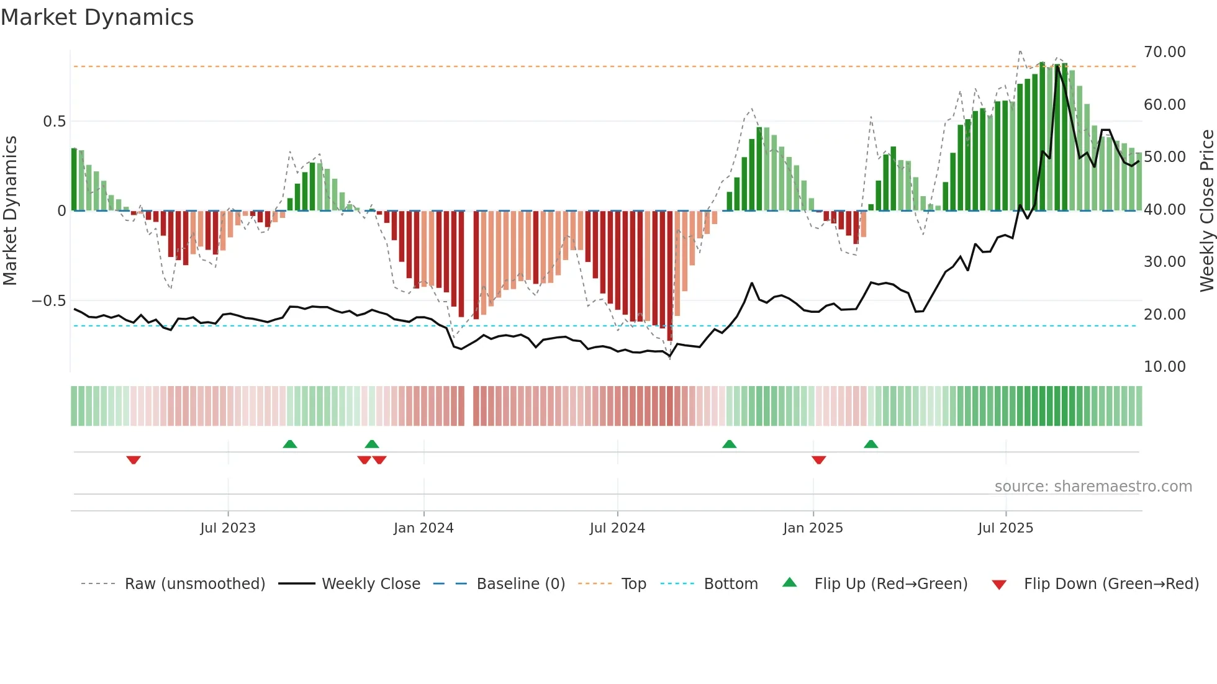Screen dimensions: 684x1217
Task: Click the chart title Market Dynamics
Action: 97,17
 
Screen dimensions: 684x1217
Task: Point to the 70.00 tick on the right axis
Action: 1164,52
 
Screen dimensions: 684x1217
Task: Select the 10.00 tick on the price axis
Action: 1164,367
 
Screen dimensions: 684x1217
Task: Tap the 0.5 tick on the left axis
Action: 54,122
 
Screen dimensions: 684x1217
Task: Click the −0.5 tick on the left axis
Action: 48,301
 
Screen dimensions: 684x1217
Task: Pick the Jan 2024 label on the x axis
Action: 423,528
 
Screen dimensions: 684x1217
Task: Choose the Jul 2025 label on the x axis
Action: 1005,528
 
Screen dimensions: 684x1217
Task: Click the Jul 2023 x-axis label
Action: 228,528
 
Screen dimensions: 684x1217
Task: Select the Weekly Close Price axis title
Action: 1206,210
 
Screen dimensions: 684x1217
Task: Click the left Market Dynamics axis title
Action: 11,210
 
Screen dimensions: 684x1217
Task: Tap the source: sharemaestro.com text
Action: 1093,487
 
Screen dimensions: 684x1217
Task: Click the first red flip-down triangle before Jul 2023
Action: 133,460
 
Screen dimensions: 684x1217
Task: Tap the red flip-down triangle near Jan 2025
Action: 818,460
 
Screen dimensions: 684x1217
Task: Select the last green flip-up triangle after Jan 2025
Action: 871,444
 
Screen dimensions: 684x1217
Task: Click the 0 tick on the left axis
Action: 61,211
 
